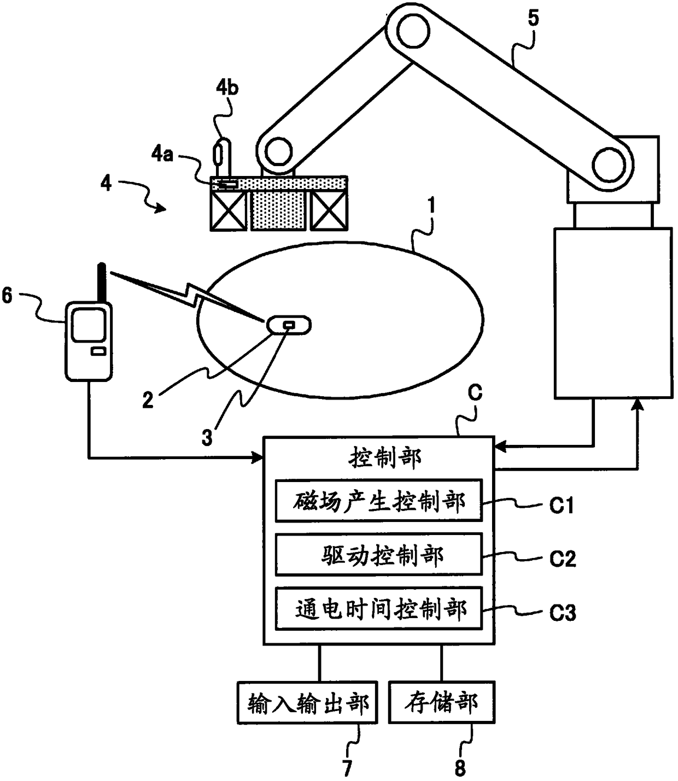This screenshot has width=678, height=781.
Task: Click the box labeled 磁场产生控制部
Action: pyautogui.click(x=378, y=501)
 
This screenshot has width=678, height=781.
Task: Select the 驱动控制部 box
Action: pyautogui.click(x=378, y=555)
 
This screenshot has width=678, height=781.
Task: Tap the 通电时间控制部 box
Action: pyautogui.click(x=378, y=609)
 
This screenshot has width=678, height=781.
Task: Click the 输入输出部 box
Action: pyautogui.click(x=307, y=703)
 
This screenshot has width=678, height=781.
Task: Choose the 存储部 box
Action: pyautogui.click(x=441, y=703)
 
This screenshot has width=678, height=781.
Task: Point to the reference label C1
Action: pyautogui.click(x=562, y=506)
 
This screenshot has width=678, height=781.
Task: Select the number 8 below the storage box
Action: pyautogui.click(x=460, y=767)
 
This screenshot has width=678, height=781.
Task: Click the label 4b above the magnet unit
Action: pyautogui.click(x=226, y=87)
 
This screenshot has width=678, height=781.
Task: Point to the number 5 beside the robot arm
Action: pyautogui.click(x=533, y=17)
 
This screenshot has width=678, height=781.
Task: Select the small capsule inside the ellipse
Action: pyautogui.click(x=289, y=325)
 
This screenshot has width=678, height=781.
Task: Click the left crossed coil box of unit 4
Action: pyautogui.click(x=229, y=210)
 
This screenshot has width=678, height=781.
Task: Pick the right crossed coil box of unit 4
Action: pyautogui.click(x=329, y=210)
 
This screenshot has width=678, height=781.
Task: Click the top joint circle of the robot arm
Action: pyautogui.click(x=414, y=30)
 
